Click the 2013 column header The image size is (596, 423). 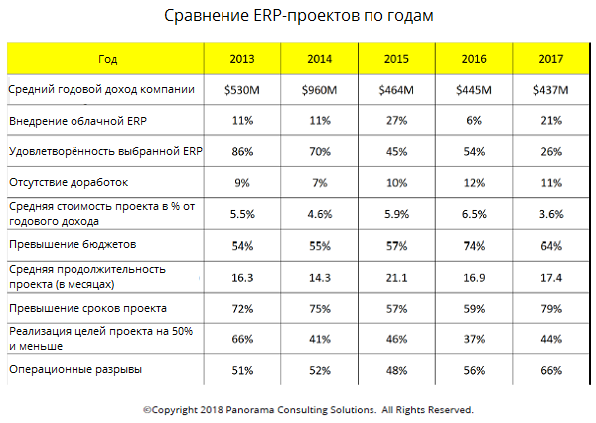pos(241,59)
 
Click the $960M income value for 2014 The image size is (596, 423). pos(319,91)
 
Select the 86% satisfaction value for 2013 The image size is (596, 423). pos(241,151)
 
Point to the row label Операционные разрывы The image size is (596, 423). pos(74,370)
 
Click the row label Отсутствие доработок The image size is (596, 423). pos(69,183)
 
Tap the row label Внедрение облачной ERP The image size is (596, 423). pos(78,121)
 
